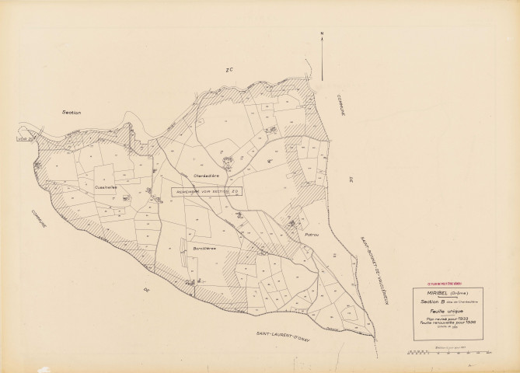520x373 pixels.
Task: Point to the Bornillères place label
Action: click(x=204, y=248)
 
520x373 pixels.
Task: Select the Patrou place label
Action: click(x=313, y=233)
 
